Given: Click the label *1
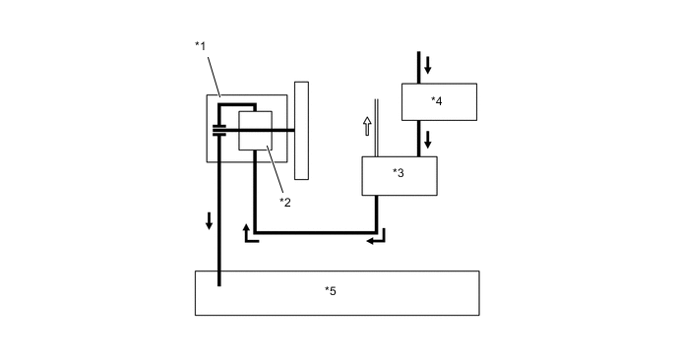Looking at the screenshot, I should [x=201, y=46].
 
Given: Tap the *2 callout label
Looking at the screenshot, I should [x=285, y=202].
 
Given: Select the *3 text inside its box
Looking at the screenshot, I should [x=399, y=173].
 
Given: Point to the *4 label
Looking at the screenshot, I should [x=437, y=100].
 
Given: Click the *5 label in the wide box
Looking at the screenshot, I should [x=331, y=290].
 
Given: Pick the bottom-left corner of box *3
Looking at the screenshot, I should [x=362, y=195].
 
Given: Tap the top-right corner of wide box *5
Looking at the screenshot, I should [x=479, y=271].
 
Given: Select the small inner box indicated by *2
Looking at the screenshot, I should [x=255, y=130].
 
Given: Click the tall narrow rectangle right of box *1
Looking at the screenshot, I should [x=301, y=130].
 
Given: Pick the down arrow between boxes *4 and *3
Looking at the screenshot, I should [x=428, y=140].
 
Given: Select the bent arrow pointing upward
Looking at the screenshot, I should [x=249, y=233].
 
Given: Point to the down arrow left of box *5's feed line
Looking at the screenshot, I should [x=209, y=219].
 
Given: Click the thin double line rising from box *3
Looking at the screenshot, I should [x=377, y=128].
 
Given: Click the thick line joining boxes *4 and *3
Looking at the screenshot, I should [x=419, y=138].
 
